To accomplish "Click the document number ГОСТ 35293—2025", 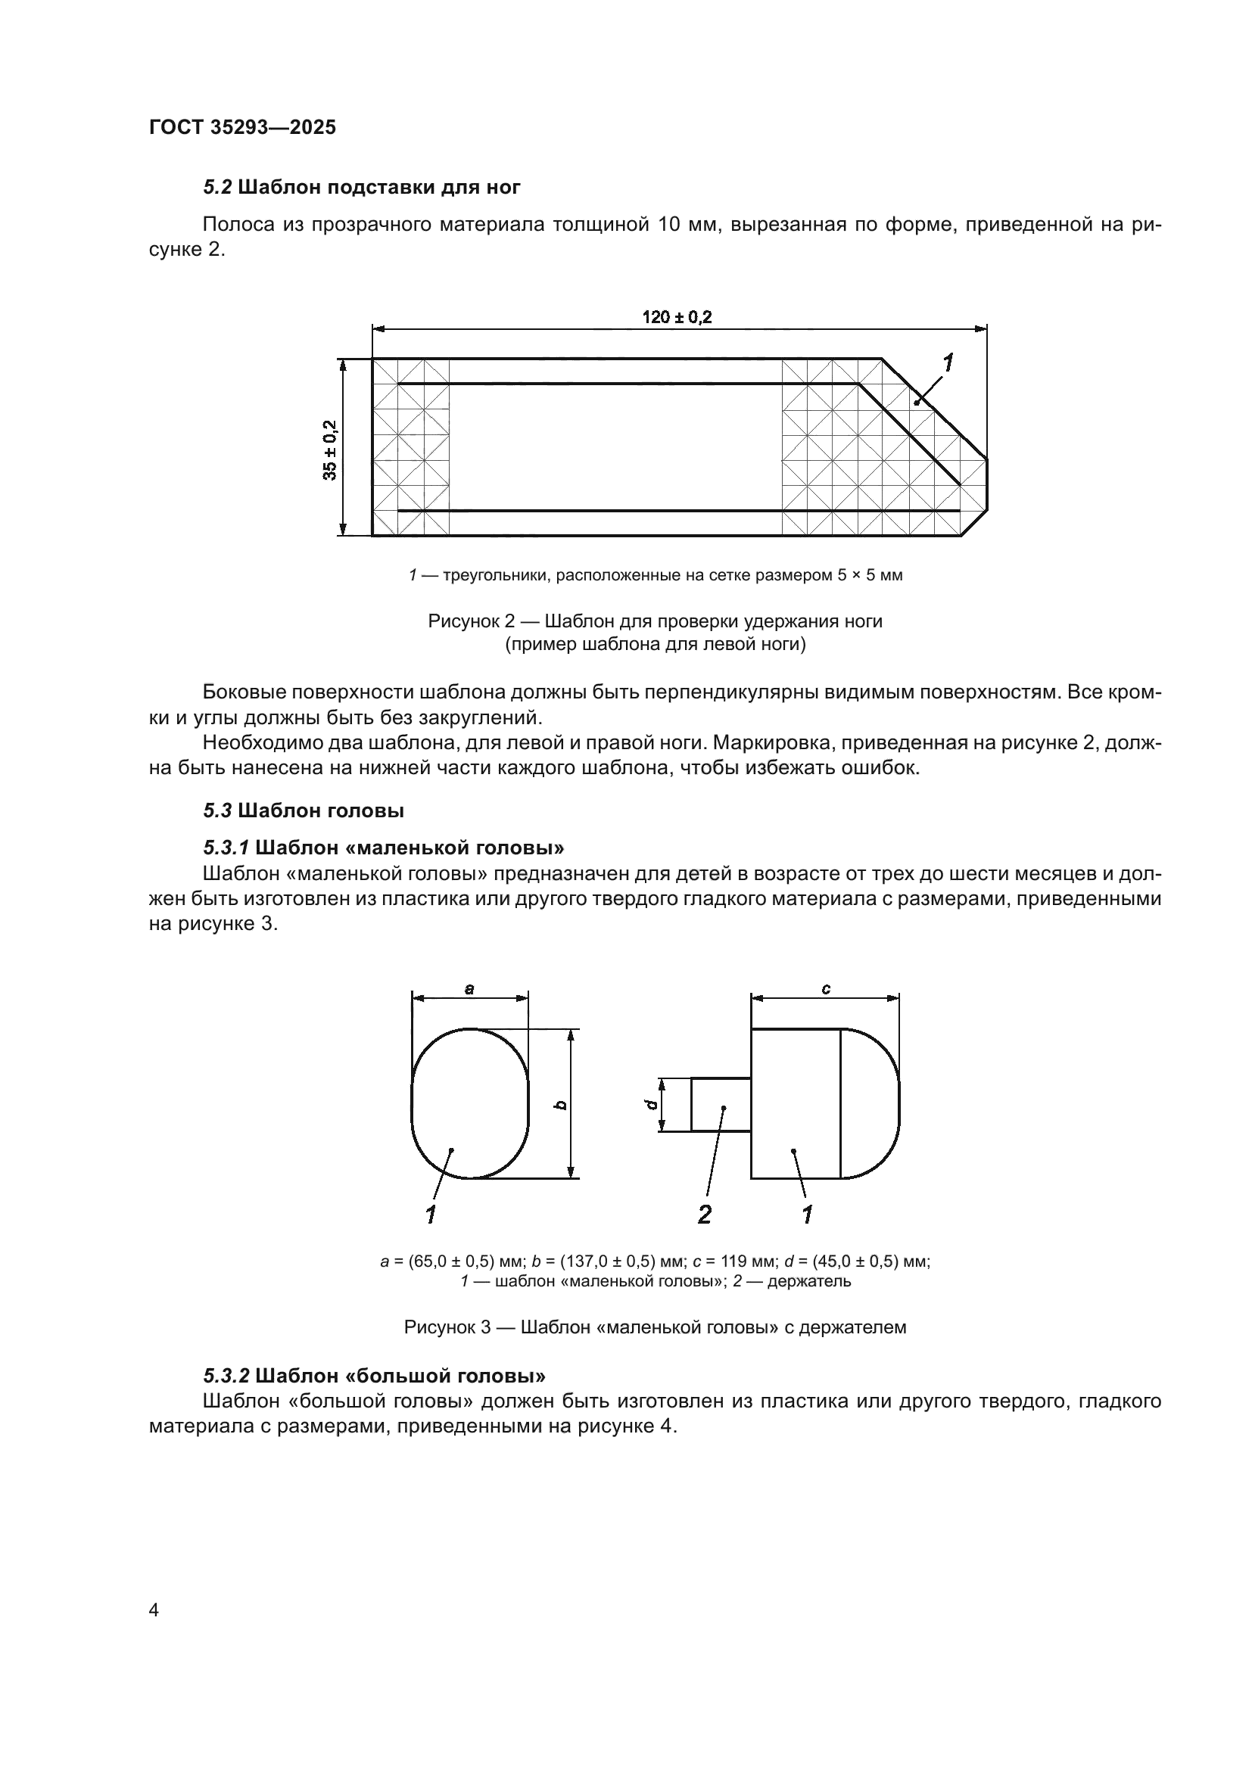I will (242, 127).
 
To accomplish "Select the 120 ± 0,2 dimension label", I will (677, 317).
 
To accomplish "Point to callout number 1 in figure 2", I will (948, 362).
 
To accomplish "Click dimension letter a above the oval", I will (469, 988).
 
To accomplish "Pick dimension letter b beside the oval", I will (561, 1105).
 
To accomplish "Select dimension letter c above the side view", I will (826, 988).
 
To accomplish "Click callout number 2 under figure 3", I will (704, 1215).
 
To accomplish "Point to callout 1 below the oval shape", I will (431, 1215).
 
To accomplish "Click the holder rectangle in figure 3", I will (721, 1105).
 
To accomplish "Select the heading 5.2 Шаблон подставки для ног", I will (362, 187).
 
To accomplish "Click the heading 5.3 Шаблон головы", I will (304, 810).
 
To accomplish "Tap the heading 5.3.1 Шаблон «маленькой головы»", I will (383, 848).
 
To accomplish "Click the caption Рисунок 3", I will (655, 1327).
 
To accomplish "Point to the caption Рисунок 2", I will (655, 621).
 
